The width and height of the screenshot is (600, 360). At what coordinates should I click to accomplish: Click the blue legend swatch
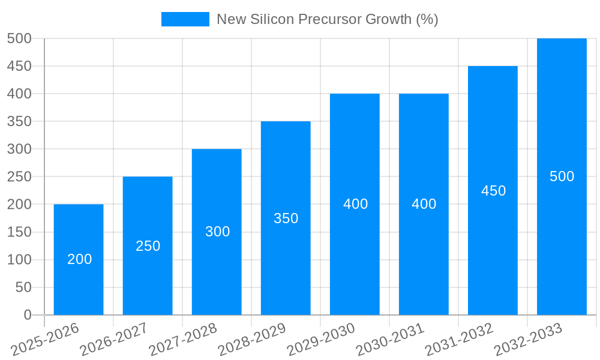[x=185, y=19]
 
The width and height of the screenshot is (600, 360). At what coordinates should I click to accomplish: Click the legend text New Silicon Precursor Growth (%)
[x=327, y=19]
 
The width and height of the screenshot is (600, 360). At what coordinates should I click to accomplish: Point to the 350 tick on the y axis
[x=19, y=121]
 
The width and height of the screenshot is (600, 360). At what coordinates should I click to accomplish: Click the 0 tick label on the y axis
[x=27, y=315]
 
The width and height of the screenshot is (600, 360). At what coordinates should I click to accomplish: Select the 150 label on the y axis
[x=19, y=232]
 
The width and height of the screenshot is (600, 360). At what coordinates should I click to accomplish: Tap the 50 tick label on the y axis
[x=23, y=287]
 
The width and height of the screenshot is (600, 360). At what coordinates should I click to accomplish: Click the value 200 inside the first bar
[x=79, y=259]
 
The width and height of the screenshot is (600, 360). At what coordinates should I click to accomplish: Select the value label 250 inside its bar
[x=148, y=246]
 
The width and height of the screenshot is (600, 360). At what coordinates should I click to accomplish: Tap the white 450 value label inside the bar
[x=493, y=191]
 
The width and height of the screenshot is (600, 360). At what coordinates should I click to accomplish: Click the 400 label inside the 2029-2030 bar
[x=355, y=204]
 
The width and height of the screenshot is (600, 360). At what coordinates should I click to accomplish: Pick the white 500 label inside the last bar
[x=562, y=176]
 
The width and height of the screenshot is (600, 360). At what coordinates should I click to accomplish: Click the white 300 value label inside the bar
[x=217, y=232]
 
